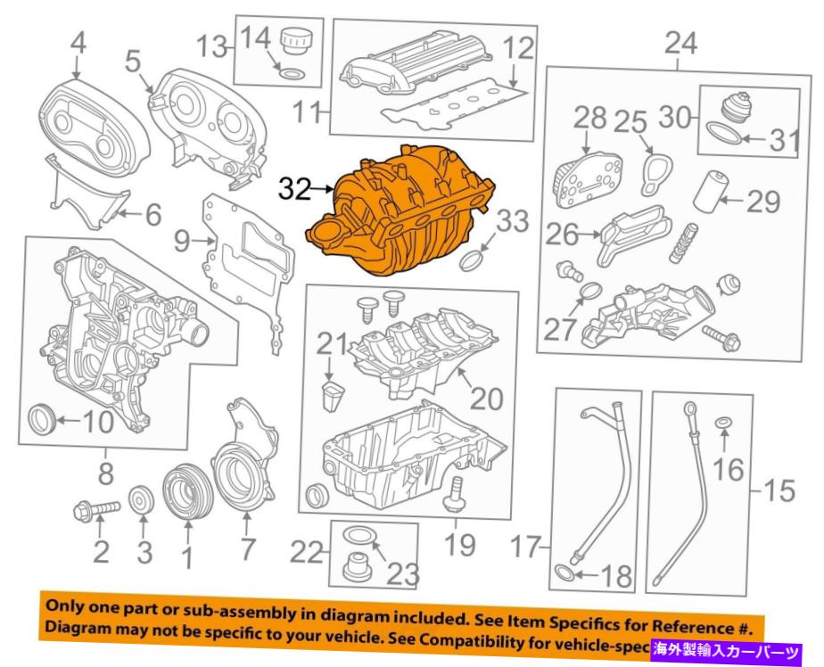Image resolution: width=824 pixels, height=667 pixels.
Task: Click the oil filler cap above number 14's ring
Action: coord(293,42)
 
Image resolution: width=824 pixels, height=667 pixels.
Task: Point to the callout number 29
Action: coord(762,202)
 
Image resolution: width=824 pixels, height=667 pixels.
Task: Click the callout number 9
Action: coord(181,240)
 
